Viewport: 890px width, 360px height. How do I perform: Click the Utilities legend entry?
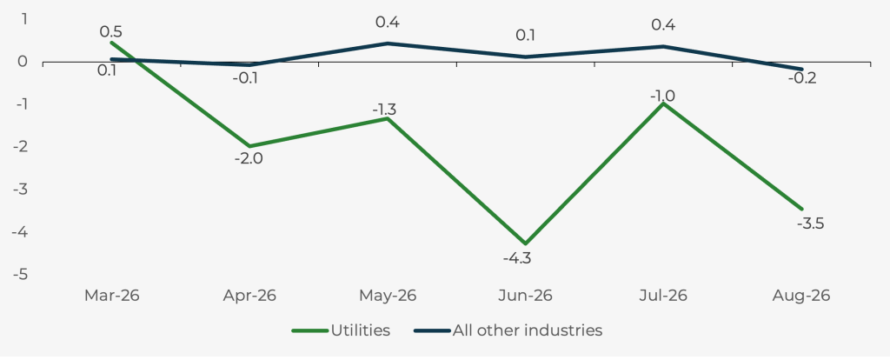[341, 330]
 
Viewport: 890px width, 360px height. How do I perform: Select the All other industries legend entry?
[508, 330]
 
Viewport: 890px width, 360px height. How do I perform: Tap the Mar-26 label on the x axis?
[112, 296]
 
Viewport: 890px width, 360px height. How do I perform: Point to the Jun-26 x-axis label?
[525, 296]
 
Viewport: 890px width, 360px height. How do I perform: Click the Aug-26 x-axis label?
[800, 296]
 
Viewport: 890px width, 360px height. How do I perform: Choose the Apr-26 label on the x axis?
[249, 296]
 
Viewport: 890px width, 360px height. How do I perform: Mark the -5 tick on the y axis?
[21, 275]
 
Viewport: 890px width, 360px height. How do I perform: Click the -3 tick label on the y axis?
[21, 190]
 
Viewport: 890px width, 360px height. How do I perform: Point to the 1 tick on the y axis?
[24, 19]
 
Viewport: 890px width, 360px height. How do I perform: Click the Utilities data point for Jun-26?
[526, 243]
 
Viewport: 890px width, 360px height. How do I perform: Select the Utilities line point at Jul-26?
[663, 103]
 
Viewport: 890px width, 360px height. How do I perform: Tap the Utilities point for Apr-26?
[249, 146]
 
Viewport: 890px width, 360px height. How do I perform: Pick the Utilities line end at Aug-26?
[801, 210]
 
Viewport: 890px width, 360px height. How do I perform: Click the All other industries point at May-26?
[388, 43]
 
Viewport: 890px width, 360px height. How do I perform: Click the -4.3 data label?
[516, 258]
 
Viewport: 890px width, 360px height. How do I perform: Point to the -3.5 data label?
[810, 223]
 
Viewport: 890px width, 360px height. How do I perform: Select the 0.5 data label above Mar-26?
[110, 32]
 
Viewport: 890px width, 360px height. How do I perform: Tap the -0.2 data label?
[802, 78]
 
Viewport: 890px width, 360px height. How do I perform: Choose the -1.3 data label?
[383, 110]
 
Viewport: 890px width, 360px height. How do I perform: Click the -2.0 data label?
[249, 158]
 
